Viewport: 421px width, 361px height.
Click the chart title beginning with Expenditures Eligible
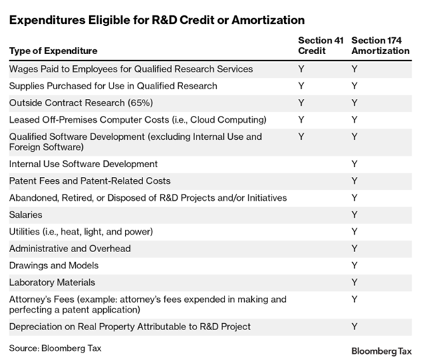pyautogui.click(x=156, y=20)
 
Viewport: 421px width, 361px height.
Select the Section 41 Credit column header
pyautogui.click(x=321, y=46)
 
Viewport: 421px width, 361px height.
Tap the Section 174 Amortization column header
pyautogui.click(x=380, y=46)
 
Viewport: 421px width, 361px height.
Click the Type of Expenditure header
pyautogui.click(x=53, y=51)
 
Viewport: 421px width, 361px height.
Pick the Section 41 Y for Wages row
pyautogui.click(x=301, y=69)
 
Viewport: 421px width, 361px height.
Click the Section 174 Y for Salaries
pyautogui.click(x=354, y=215)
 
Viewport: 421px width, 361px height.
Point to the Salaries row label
pyautogui.click(x=25, y=215)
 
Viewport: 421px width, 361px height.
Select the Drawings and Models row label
pyautogui.click(x=54, y=265)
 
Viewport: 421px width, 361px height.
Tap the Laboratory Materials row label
pyautogui.click(x=52, y=282)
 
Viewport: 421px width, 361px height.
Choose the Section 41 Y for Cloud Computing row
pyautogui.click(x=301, y=119)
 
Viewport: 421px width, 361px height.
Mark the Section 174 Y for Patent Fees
pyautogui.click(x=354, y=181)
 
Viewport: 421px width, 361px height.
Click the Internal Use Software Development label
pyautogui.click(x=83, y=164)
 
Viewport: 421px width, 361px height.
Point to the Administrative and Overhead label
pyautogui.click(x=69, y=249)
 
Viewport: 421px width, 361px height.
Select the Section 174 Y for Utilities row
pyautogui.click(x=354, y=232)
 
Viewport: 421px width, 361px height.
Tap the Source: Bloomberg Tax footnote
pyautogui.click(x=55, y=348)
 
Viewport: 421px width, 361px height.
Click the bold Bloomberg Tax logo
pyautogui.click(x=382, y=351)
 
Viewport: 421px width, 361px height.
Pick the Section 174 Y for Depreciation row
pyautogui.click(x=354, y=327)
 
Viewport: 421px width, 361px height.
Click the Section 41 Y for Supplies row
pyautogui.click(x=301, y=86)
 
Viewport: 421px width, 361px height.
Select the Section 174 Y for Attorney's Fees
pyautogui.click(x=354, y=299)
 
